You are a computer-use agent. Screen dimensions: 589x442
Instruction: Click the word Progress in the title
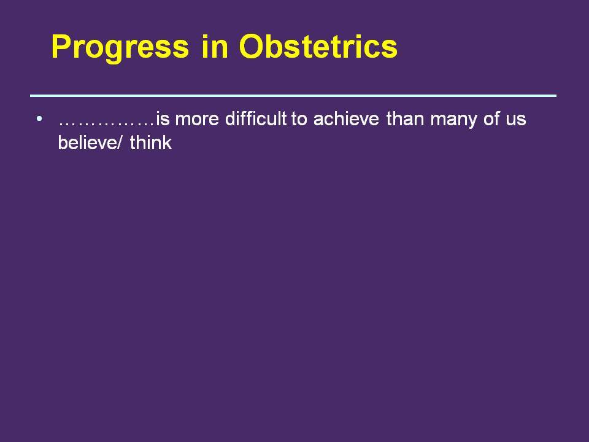click(120, 47)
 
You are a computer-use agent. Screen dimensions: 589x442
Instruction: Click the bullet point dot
click(39, 118)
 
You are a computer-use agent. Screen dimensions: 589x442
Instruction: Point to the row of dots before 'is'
click(107, 123)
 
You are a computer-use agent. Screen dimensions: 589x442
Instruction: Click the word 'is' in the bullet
click(163, 118)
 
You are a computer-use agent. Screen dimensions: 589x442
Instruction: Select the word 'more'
click(197, 120)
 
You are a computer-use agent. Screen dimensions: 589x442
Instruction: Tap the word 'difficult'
click(256, 118)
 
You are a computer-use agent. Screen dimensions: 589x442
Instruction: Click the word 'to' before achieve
click(299, 119)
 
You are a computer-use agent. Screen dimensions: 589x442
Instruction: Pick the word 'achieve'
click(346, 118)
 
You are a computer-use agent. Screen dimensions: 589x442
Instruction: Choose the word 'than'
click(404, 118)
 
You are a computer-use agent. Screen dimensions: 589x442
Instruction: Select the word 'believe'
click(87, 142)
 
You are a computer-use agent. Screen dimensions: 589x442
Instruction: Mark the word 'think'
click(151, 142)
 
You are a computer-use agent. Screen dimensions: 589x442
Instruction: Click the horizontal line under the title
click(293, 96)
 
